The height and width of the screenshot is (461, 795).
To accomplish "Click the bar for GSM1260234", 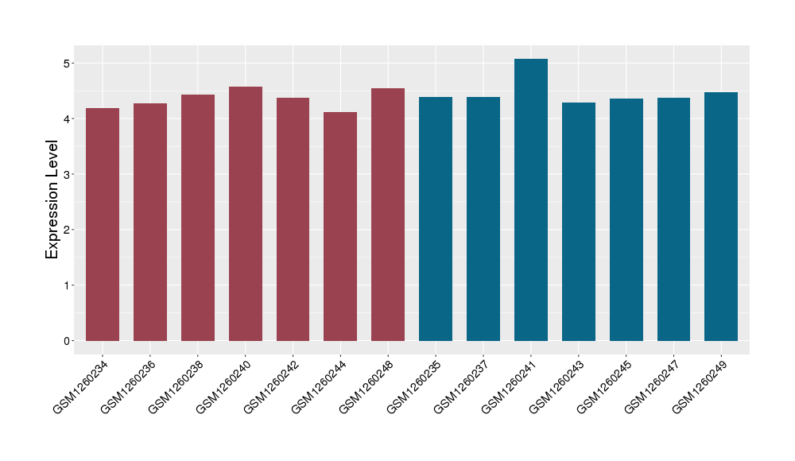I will (x=103, y=224).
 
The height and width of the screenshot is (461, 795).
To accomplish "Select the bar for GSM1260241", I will (x=531, y=200).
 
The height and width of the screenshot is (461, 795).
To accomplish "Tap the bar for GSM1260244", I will (x=340, y=227).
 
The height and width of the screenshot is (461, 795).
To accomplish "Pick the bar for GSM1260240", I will (x=246, y=214).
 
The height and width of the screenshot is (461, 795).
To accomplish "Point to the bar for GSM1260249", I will (x=721, y=216).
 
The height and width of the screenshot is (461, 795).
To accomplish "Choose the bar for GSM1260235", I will (x=436, y=219).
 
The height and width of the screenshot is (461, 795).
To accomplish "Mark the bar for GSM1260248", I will (x=388, y=215).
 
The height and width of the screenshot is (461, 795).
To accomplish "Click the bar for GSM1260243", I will (x=579, y=222).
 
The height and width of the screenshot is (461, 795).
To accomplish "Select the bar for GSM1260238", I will (x=198, y=218).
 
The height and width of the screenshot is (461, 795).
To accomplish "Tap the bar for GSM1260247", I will (x=673, y=219).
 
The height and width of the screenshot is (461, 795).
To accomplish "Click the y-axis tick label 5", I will (x=68, y=63).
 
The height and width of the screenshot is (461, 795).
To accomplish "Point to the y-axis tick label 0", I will (x=68, y=341).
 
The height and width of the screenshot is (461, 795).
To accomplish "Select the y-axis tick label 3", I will (x=68, y=174).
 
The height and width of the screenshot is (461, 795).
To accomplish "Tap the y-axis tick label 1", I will (x=68, y=285).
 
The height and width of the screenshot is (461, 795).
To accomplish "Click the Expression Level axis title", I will (x=52, y=200).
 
